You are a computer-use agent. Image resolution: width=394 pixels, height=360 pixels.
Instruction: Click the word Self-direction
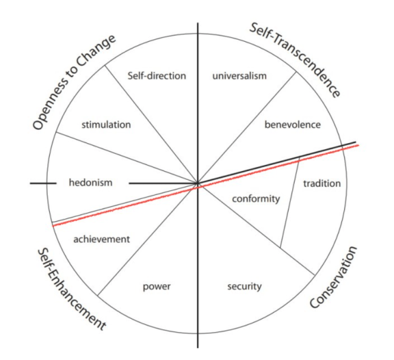click(x=156, y=76)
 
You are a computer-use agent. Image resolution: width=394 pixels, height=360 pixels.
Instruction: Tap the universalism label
click(x=239, y=76)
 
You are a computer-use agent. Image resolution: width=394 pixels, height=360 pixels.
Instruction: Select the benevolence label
click(x=292, y=125)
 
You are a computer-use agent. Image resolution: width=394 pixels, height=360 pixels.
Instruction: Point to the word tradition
click(x=322, y=184)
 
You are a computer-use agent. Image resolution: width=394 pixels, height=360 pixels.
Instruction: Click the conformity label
click(x=256, y=199)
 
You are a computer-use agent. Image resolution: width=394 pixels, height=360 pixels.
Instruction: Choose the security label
click(x=244, y=286)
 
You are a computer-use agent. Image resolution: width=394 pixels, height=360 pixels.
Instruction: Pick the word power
click(x=156, y=286)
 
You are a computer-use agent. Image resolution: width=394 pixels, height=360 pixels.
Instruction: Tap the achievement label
click(x=101, y=239)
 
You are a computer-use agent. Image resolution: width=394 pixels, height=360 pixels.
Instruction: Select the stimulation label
click(x=106, y=125)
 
